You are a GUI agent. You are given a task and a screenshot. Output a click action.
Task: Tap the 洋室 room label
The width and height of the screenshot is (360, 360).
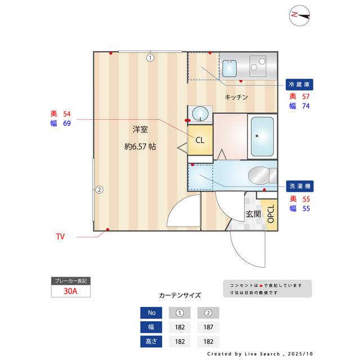click(x=140, y=129)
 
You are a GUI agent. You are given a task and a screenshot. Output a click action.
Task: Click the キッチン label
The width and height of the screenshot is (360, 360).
click(x=236, y=97)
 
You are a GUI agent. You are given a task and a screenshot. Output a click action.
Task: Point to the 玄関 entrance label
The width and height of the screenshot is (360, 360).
click(x=253, y=214)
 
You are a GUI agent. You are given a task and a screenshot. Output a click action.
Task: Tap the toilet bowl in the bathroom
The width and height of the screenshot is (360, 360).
click(x=262, y=174)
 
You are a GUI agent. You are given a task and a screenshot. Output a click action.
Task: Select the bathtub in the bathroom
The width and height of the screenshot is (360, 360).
click(x=262, y=136)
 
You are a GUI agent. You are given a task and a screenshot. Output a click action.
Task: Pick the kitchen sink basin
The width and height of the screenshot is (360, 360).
click(x=230, y=68)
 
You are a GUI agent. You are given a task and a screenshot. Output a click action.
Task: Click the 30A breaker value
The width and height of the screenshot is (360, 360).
click(x=70, y=291)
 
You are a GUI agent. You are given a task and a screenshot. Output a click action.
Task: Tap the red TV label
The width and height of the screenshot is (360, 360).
click(x=60, y=237)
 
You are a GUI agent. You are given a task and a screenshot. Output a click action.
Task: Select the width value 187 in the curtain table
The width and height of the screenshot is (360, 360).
click(x=208, y=327)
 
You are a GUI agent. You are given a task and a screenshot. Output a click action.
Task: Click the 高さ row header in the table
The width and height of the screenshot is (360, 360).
click(x=151, y=341)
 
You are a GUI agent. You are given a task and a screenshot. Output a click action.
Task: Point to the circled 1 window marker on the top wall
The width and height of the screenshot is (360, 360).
click(x=150, y=57)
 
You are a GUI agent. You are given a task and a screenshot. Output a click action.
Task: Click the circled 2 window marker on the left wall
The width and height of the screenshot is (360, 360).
click(x=98, y=190)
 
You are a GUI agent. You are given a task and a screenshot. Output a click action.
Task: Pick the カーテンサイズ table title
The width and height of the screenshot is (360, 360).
click(x=179, y=295)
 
